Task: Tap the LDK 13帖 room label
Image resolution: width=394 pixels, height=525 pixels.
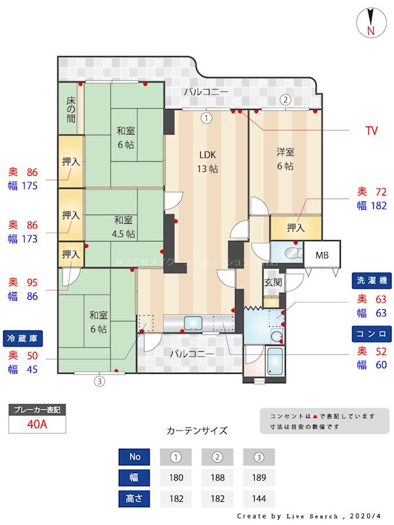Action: pyautogui.click(x=208, y=161)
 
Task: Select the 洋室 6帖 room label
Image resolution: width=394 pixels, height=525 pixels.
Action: pyautogui.click(x=285, y=158)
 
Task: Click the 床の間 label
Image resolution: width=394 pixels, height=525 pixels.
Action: pyautogui.click(x=70, y=110)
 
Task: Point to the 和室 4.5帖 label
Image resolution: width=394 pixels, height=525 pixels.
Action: pyautogui.click(x=123, y=226)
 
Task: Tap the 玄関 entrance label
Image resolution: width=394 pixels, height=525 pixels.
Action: pyautogui.click(x=273, y=282)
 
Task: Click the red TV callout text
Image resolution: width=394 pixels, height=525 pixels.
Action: pyautogui.click(x=372, y=131)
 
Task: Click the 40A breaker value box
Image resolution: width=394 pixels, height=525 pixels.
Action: pyautogui.click(x=37, y=424)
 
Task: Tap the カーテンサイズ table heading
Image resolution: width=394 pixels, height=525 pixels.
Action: pyautogui.click(x=197, y=430)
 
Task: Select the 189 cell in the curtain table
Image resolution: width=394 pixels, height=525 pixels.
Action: pyautogui.click(x=259, y=477)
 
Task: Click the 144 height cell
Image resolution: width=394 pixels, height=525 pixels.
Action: pyautogui.click(x=259, y=498)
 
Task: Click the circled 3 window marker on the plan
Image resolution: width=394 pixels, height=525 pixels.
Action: pyautogui.click(x=99, y=381)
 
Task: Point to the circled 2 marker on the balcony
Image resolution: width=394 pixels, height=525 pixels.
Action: pyautogui.click(x=285, y=100)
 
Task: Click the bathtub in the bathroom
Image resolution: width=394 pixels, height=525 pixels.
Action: pyautogui.click(x=275, y=360)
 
